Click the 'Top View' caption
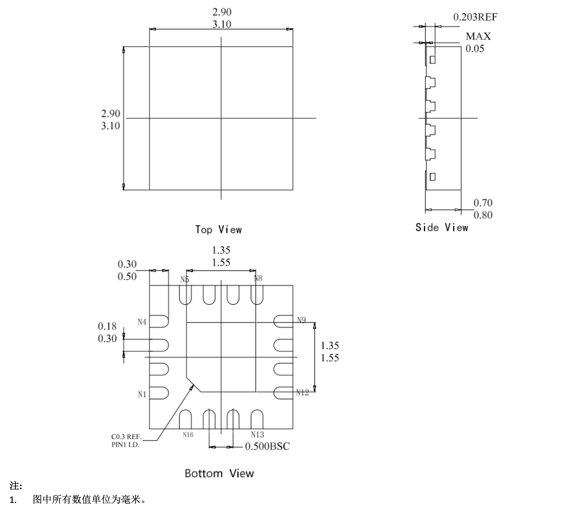[x=218, y=230]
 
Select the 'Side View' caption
[x=441, y=227]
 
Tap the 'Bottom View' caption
[x=219, y=473]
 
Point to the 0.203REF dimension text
[x=475, y=17]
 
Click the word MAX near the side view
[x=478, y=36]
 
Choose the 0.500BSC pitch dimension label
[x=267, y=446]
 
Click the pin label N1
[x=142, y=394]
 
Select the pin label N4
[x=142, y=322]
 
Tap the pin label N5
[x=185, y=280]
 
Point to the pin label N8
[x=258, y=278]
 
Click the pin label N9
[x=301, y=320]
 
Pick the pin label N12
[x=302, y=392]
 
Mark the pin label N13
[x=257, y=434]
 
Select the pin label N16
[x=188, y=435]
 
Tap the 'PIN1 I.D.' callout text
[x=125, y=445]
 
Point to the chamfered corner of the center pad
[x=193, y=384]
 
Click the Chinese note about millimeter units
[x=89, y=499]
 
